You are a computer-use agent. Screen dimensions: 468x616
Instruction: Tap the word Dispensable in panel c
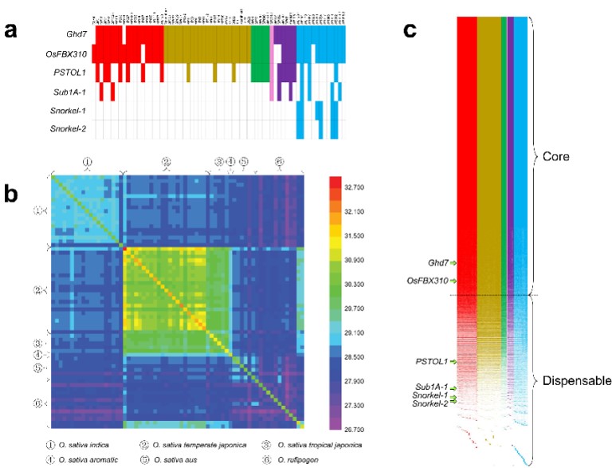(580, 380)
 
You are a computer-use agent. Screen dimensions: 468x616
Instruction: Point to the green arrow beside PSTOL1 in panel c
(453, 362)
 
